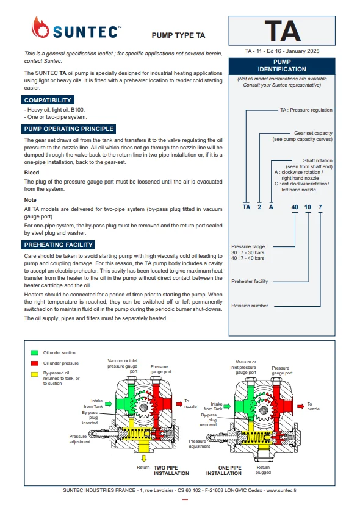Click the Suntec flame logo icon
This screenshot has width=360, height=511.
coord(40,27)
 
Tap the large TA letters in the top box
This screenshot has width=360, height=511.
coord(283,31)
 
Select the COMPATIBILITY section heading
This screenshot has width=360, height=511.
coord(48,100)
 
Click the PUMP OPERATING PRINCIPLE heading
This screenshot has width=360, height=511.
coord(69,129)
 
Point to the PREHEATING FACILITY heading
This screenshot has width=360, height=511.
coord(59,245)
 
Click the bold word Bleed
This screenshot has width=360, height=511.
coord(32,173)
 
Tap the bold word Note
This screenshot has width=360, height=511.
coord(31,200)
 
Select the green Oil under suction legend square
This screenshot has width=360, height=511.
coord(35,352)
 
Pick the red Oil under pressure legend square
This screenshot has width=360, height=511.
coord(35,363)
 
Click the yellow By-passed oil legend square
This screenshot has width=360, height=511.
coord(35,374)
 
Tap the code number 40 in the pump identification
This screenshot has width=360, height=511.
coord(295,207)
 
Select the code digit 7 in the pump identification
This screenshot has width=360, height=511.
coord(320,207)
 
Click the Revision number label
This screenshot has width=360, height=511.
coord(250,306)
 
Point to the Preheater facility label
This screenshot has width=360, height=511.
coord(250,281)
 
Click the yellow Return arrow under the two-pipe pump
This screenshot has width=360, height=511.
coord(143,458)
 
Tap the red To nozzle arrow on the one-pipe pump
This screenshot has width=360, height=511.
coord(300,406)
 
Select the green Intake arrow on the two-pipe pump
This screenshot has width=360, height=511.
coord(108,404)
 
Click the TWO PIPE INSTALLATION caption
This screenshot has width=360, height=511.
coord(171,471)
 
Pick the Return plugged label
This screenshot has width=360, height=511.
coord(263,470)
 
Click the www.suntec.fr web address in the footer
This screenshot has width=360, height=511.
coord(281,490)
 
